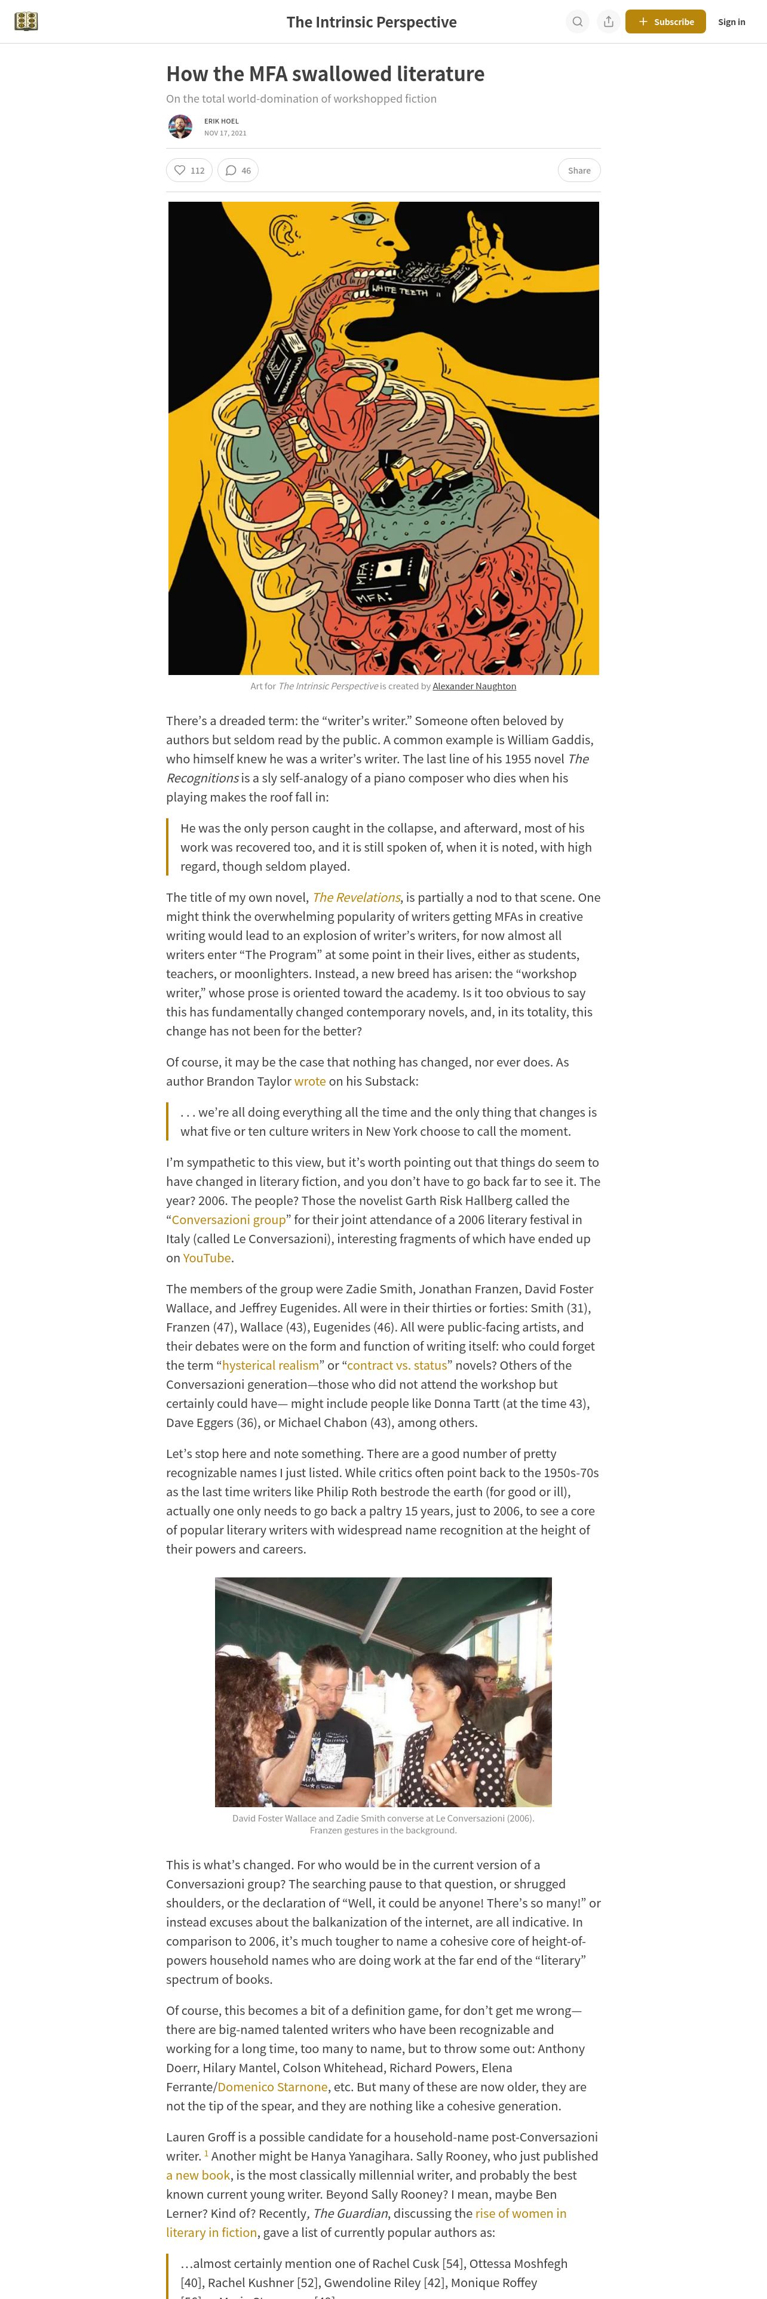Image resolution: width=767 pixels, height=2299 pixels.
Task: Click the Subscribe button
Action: click(x=665, y=21)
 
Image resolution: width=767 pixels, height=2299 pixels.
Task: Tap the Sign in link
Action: click(x=731, y=21)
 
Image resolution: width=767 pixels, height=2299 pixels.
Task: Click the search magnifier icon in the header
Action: click(x=578, y=21)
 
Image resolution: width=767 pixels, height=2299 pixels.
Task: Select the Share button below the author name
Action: click(x=579, y=171)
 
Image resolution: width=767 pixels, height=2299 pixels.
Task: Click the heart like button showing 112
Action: click(x=189, y=171)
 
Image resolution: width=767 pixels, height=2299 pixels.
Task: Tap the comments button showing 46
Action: click(x=238, y=171)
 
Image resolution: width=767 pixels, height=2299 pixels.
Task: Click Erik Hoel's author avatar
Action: click(x=180, y=127)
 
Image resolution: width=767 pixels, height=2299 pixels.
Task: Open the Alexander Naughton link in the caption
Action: click(x=474, y=686)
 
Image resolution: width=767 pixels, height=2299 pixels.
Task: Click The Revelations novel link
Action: click(x=356, y=897)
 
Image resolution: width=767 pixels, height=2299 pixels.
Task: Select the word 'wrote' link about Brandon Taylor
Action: click(x=310, y=1081)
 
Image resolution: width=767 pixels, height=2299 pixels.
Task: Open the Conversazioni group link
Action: click(x=229, y=1219)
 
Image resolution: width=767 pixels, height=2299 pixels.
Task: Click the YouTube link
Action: click(x=206, y=1258)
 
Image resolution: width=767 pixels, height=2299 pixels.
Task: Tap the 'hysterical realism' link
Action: click(x=271, y=1364)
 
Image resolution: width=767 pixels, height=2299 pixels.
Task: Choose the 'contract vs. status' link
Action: click(x=397, y=1364)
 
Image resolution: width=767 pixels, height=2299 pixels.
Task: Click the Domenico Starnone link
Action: click(x=272, y=2087)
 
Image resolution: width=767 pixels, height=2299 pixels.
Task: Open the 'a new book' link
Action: click(x=198, y=2175)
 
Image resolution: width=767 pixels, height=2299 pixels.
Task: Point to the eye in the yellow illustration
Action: click(x=363, y=217)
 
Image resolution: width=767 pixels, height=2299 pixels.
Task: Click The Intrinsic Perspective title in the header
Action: click(x=372, y=21)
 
